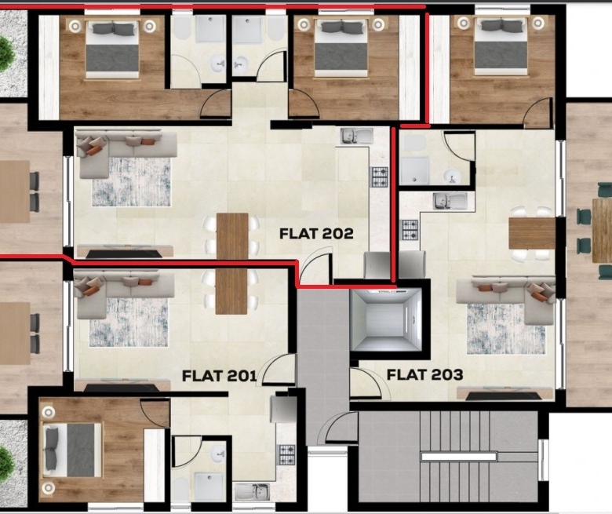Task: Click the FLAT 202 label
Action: tap(316, 233)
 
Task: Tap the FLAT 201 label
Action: tap(220, 375)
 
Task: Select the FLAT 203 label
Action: tap(425, 374)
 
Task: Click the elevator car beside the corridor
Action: tap(386, 319)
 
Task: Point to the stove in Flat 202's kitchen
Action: tap(379, 177)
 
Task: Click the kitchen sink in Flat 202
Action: tap(357, 137)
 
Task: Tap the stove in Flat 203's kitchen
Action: tap(410, 230)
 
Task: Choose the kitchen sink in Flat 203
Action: tap(450, 202)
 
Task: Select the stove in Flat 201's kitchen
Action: tap(286, 455)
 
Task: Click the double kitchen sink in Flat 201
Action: tap(252, 492)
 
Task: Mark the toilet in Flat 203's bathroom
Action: tap(413, 144)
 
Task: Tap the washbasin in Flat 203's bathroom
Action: tap(452, 176)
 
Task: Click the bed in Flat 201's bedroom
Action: tap(71, 450)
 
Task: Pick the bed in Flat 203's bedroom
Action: tap(501, 47)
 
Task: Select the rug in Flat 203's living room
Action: tap(505, 329)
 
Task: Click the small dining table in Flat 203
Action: tap(532, 233)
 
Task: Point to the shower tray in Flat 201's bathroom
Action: tap(209, 487)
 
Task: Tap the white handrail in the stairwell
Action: tap(459, 456)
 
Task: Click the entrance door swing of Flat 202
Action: tap(315, 268)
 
